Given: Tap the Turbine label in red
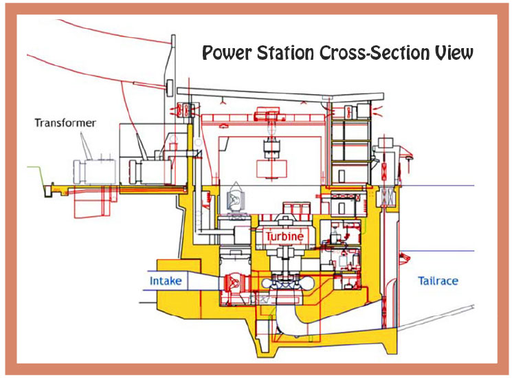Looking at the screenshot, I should (285, 236).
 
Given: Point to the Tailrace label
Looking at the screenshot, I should (438, 280).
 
